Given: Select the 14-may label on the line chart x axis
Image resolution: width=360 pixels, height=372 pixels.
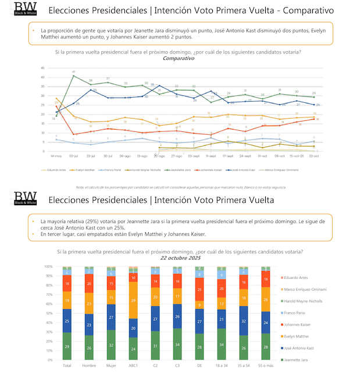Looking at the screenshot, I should tap(56, 156).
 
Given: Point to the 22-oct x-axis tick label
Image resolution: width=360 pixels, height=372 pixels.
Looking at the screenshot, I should tap(314, 156).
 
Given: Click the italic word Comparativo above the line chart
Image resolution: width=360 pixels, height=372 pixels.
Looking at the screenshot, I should tap(179, 58).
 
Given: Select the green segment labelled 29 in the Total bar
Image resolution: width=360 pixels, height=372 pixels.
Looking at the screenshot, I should tap(67, 346).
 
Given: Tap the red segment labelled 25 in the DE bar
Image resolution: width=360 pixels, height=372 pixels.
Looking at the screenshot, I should tap(199, 289).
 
